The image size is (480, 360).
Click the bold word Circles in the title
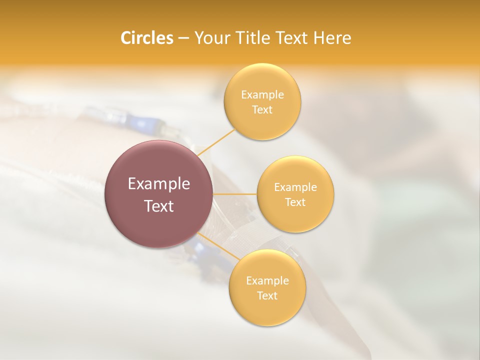click(x=146, y=38)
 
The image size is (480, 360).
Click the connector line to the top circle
click(x=216, y=141)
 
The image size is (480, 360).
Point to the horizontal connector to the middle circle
click(x=234, y=194)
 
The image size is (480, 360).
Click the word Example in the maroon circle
click(x=158, y=184)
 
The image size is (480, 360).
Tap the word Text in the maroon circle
click(x=158, y=206)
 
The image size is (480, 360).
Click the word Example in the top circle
click(x=262, y=95)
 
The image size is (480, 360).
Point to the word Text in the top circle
click(x=262, y=110)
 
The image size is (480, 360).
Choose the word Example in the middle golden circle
click(x=295, y=187)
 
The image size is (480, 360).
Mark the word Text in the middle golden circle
click(x=295, y=202)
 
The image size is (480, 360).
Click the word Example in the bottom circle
click(x=267, y=281)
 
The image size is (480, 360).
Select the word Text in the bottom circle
click(x=267, y=296)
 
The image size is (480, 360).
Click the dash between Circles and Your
click(x=183, y=38)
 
